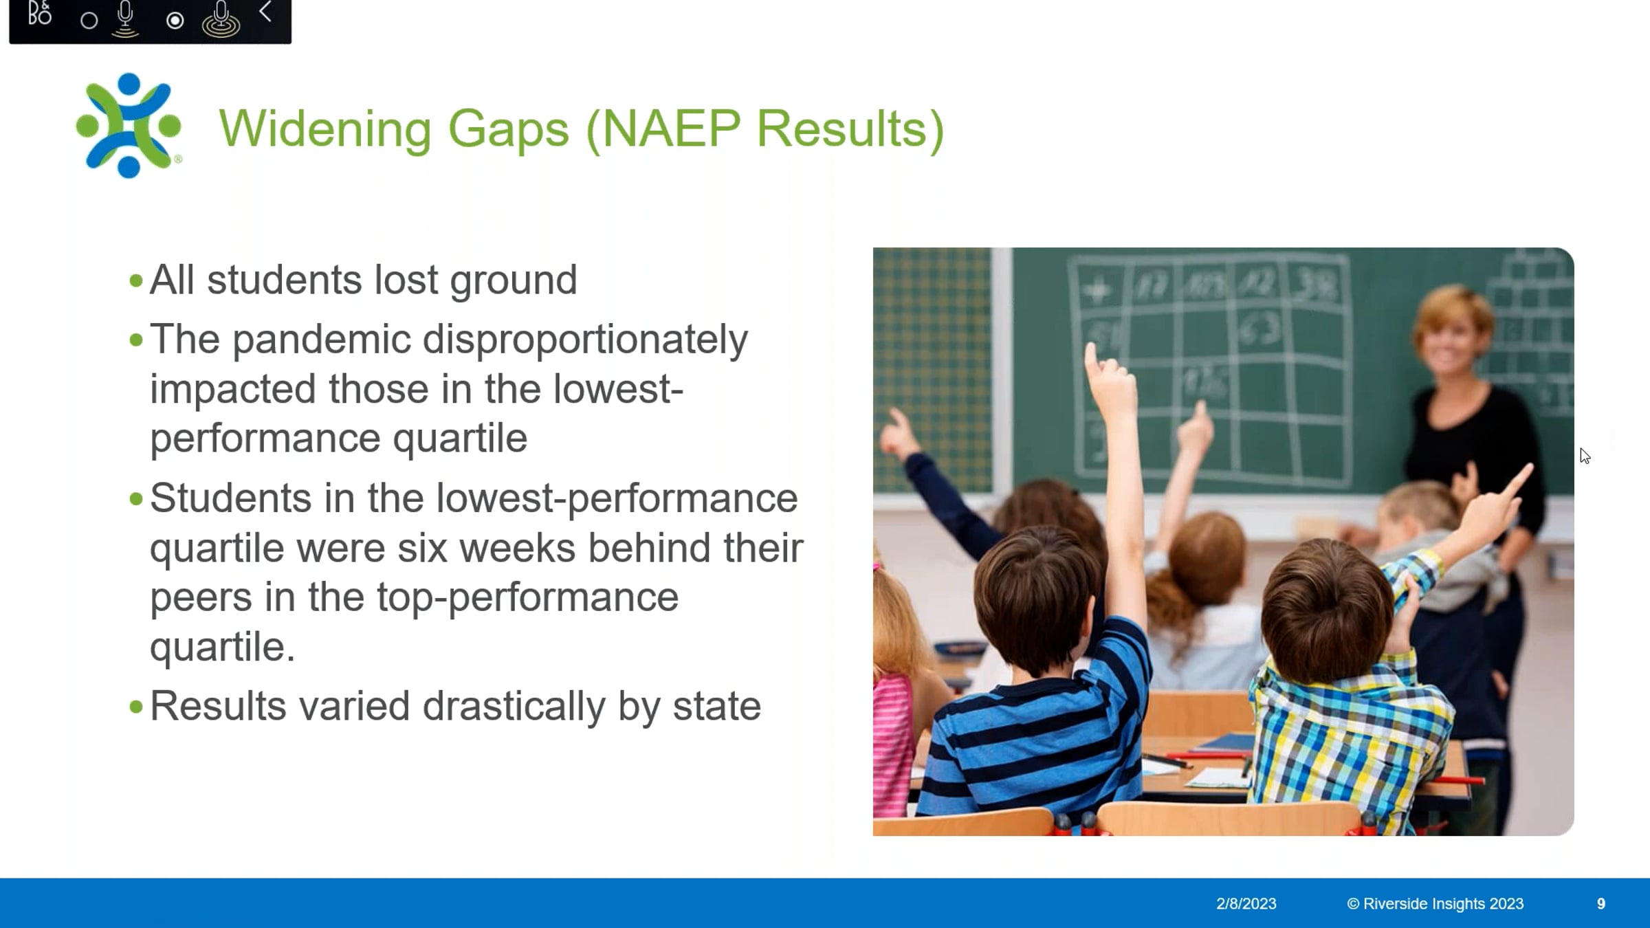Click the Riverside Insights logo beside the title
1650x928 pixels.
[129, 126]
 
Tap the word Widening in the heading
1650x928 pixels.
[325, 130]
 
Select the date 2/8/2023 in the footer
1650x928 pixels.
[1246, 904]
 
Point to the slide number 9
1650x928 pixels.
[1600, 904]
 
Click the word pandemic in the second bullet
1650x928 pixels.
[321, 340]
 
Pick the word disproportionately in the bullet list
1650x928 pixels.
[585, 340]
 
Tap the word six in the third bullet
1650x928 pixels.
[422, 549]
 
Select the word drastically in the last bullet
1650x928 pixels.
[514, 707]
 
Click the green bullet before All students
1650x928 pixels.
[135, 281]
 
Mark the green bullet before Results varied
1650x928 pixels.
[135, 707]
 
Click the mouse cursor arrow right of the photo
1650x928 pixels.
[1585, 456]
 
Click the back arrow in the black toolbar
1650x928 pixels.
[265, 12]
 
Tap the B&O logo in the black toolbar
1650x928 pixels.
[40, 13]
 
